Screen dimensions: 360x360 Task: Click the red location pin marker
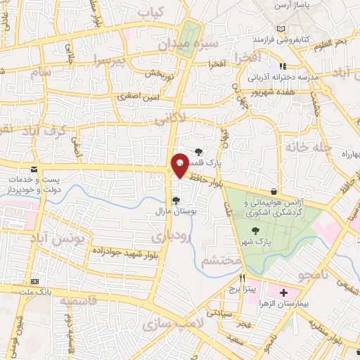pos(180,165)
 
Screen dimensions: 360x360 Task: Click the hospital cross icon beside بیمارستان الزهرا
pos(283,292)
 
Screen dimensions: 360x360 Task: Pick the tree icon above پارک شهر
pos(255,231)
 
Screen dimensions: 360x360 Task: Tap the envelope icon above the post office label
pos(34,169)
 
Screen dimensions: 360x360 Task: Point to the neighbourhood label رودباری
pos(172,236)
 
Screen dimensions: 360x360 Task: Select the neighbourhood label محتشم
pos(220,262)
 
